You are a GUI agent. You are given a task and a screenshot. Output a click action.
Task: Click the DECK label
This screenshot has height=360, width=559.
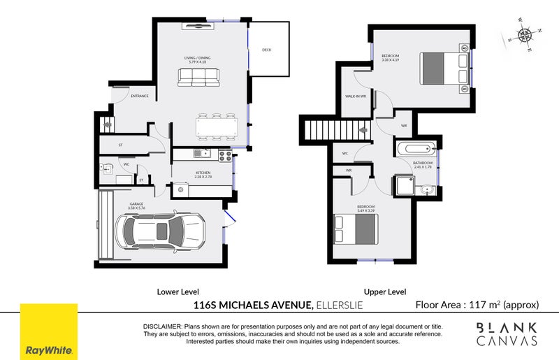coord(267,50)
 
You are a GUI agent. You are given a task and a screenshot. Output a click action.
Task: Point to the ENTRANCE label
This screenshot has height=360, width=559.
coord(140,96)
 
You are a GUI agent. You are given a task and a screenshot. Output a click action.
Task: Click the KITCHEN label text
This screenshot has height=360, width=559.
coord(203,172)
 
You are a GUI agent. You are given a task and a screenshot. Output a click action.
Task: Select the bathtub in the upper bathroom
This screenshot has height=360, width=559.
coord(415,148)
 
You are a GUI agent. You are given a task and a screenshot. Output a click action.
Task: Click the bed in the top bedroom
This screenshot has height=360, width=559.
coord(444,69)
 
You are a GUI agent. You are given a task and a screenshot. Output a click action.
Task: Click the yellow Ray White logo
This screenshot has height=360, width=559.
coord(48,331)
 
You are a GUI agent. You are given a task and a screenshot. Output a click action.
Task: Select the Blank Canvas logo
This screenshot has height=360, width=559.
coord(507,334)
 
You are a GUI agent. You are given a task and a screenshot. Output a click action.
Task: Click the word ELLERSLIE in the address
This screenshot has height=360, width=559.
coord(339,305)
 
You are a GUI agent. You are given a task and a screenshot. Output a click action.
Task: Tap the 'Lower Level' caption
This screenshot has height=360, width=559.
coord(178,291)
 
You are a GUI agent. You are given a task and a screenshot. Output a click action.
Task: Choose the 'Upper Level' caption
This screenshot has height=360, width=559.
coord(385,291)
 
